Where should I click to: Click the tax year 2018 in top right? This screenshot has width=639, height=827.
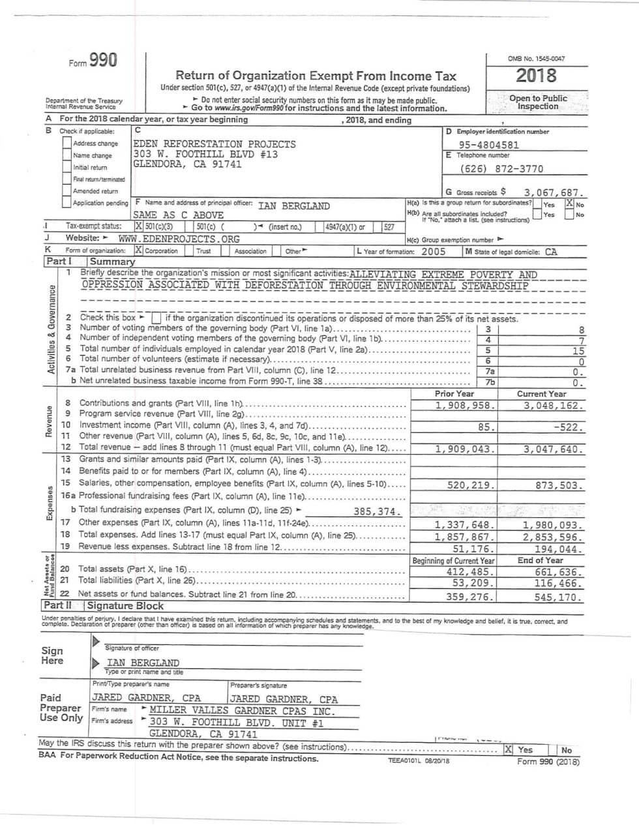[536, 76]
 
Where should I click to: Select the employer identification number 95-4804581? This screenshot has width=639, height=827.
[488, 145]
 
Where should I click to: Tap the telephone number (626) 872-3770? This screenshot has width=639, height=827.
[501, 169]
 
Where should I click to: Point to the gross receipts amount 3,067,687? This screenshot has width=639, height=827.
[554, 193]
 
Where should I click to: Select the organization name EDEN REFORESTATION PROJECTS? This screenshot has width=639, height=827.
[215, 144]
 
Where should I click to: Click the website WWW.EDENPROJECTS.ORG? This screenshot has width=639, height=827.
[179, 239]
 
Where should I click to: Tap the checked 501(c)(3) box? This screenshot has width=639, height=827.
[138, 227]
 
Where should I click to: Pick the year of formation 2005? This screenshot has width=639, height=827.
[434, 252]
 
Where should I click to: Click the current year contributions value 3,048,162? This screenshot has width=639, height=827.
[553, 406]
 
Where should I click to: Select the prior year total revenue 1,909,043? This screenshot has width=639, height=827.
[466, 449]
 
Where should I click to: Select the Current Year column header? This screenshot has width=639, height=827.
[541, 394]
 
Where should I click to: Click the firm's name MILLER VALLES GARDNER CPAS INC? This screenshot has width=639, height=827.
[242, 711]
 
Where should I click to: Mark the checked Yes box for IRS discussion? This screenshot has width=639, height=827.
[509, 750]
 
